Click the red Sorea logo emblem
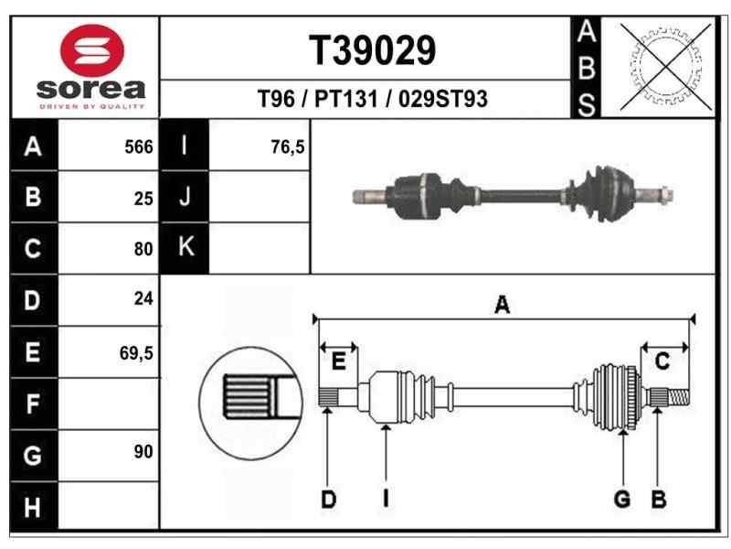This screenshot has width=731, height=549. click(x=90, y=51)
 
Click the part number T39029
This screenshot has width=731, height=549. click(x=372, y=51)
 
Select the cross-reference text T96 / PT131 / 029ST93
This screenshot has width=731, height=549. click(x=373, y=100)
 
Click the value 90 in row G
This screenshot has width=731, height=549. click(x=143, y=452)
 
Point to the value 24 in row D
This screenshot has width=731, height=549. click(x=143, y=298)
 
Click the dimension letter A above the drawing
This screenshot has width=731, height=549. click(x=502, y=307)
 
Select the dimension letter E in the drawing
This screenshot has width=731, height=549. click(x=338, y=362)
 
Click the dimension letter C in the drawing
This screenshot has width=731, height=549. click(x=663, y=361)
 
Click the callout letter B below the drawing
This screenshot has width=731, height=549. click(x=658, y=500)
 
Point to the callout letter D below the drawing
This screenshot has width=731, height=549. click(x=328, y=500)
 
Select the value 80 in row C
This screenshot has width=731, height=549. click(x=143, y=247)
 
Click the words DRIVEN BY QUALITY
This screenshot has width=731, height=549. click(x=90, y=107)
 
